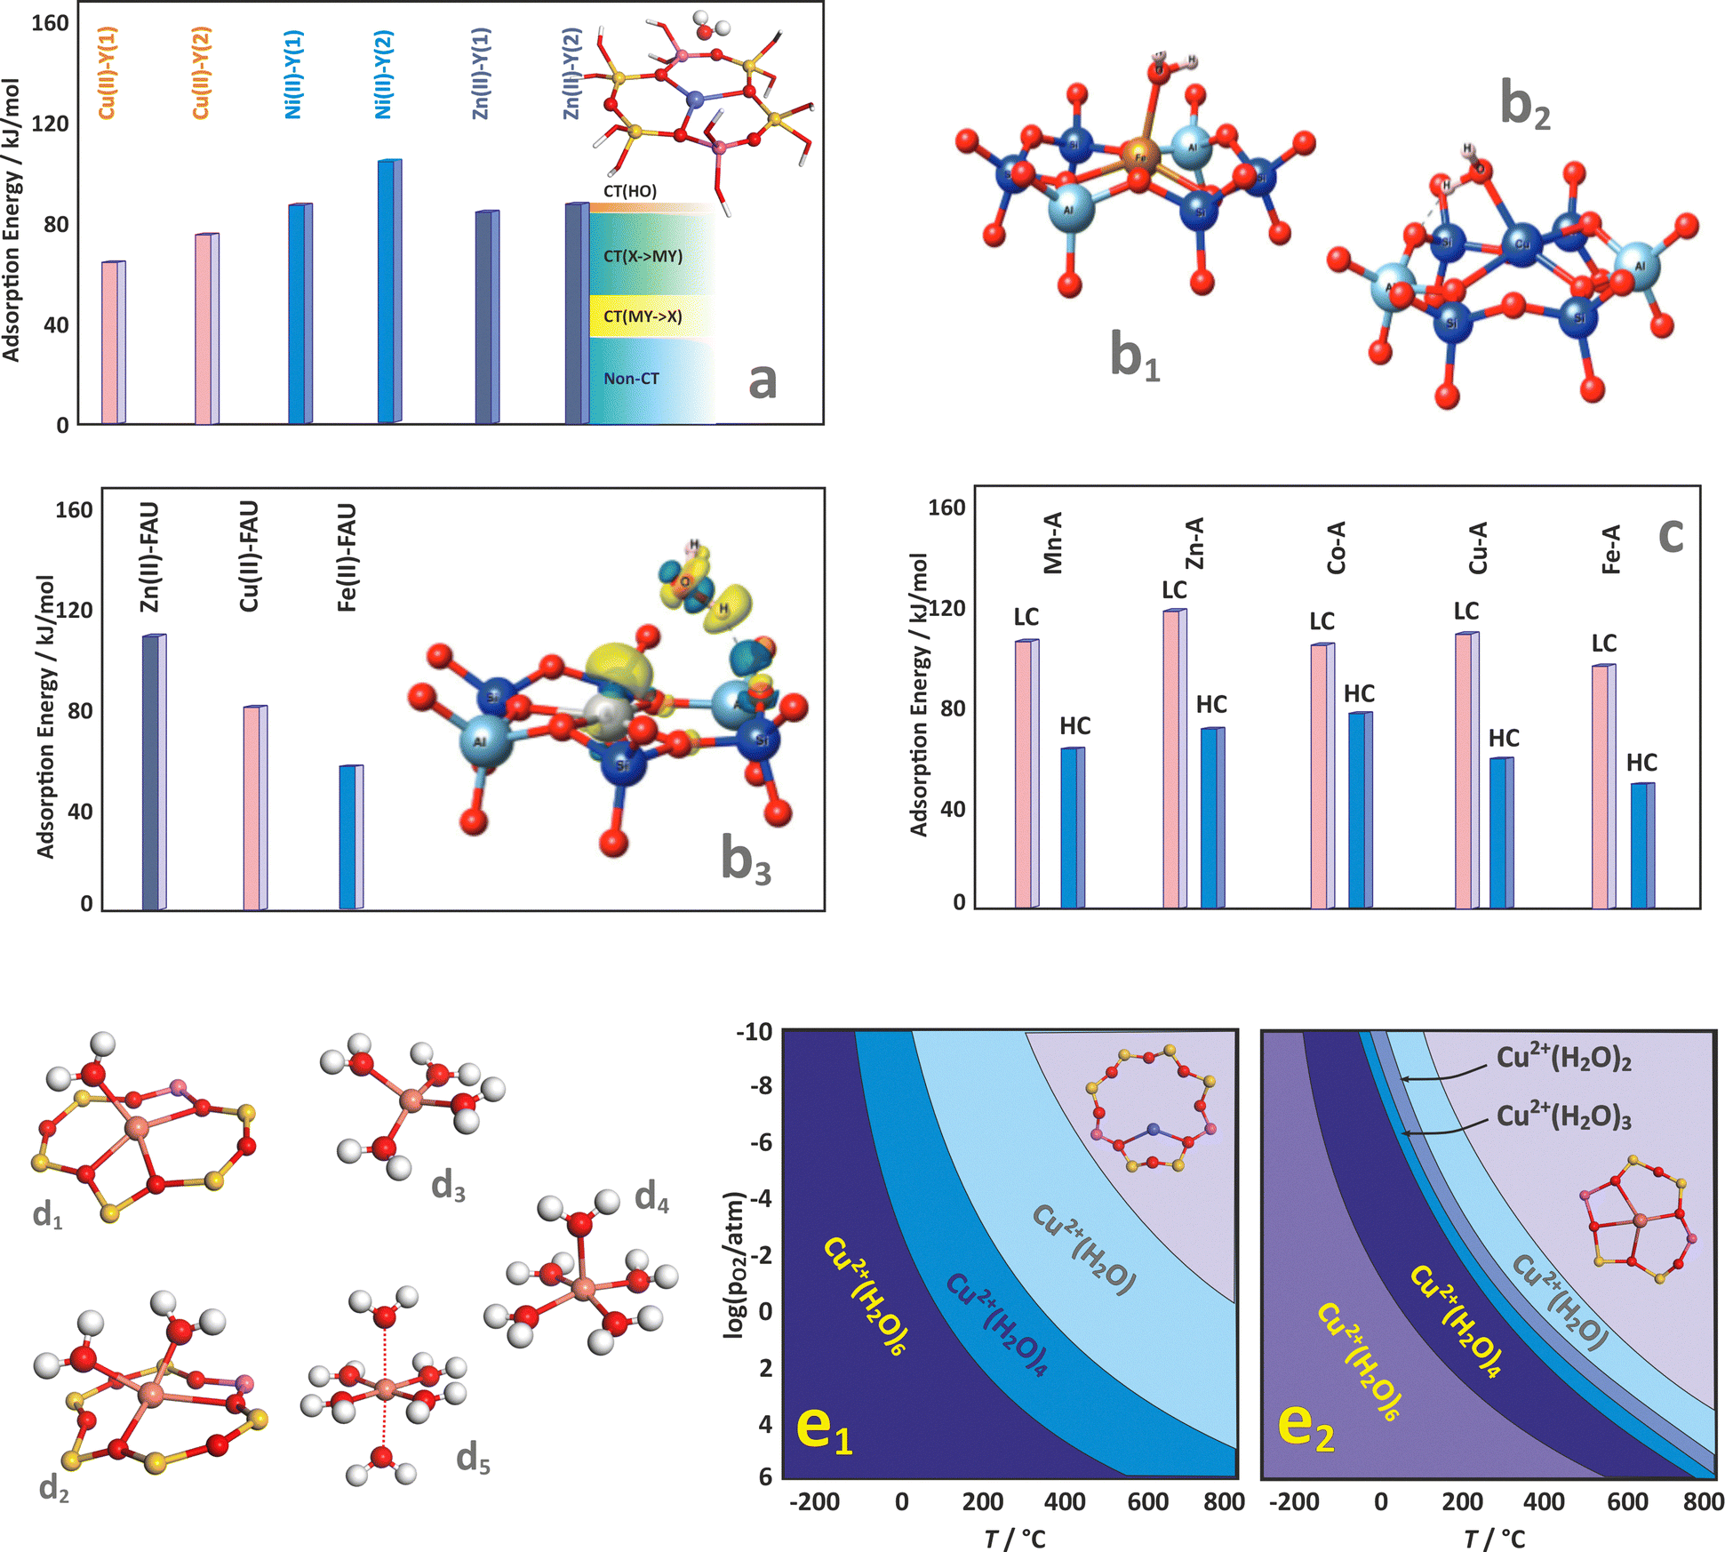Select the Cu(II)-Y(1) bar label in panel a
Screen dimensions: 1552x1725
[107, 73]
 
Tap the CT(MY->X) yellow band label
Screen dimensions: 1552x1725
[643, 316]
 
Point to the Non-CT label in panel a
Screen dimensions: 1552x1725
[631, 379]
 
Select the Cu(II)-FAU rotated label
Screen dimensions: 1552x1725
[249, 556]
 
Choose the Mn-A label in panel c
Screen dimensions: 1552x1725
[1052, 543]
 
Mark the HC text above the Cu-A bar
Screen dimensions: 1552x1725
[1504, 738]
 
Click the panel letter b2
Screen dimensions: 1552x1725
[1525, 106]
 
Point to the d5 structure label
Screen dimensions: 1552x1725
[473, 1459]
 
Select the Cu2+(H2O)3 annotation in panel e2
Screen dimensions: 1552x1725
[1564, 1117]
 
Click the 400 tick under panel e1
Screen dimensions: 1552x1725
[1065, 1501]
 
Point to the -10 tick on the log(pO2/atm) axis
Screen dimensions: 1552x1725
[754, 1032]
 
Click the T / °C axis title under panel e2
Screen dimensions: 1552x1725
[1494, 1539]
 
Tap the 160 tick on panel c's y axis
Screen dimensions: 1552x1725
[946, 508]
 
